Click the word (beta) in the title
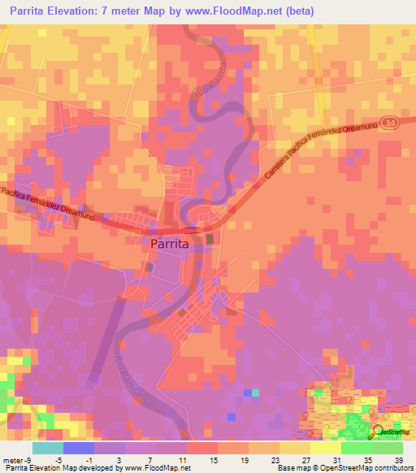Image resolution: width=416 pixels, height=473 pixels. coord(297,11)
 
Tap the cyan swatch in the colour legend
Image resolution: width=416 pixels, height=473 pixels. coord(48,448)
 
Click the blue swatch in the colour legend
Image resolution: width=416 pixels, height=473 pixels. coord(79,448)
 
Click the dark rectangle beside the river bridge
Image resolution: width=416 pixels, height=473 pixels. coord(211,239)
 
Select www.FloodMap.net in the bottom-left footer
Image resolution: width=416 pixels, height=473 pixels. coord(159,467)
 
